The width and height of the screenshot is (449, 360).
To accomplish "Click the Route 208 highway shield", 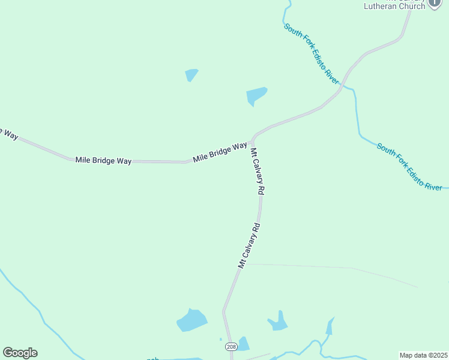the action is (x=231, y=347).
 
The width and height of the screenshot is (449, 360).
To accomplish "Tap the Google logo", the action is (x=20, y=353).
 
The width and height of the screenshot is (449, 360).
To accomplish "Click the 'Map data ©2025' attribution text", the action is (x=423, y=355).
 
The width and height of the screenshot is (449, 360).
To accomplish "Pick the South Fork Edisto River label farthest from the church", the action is (x=409, y=166).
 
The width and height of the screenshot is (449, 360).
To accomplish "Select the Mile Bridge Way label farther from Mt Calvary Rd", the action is (x=103, y=160).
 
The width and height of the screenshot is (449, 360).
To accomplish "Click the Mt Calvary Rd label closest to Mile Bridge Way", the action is (x=258, y=172).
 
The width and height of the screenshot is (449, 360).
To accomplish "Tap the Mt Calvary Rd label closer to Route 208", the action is (x=249, y=245).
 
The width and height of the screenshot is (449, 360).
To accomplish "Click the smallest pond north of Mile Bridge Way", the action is (x=191, y=75).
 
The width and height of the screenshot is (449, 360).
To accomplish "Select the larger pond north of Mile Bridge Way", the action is (x=256, y=95).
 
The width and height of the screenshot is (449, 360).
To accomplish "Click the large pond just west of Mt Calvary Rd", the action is (x=192, y=320).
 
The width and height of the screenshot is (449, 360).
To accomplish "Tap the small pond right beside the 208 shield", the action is (x=243, y=344).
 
